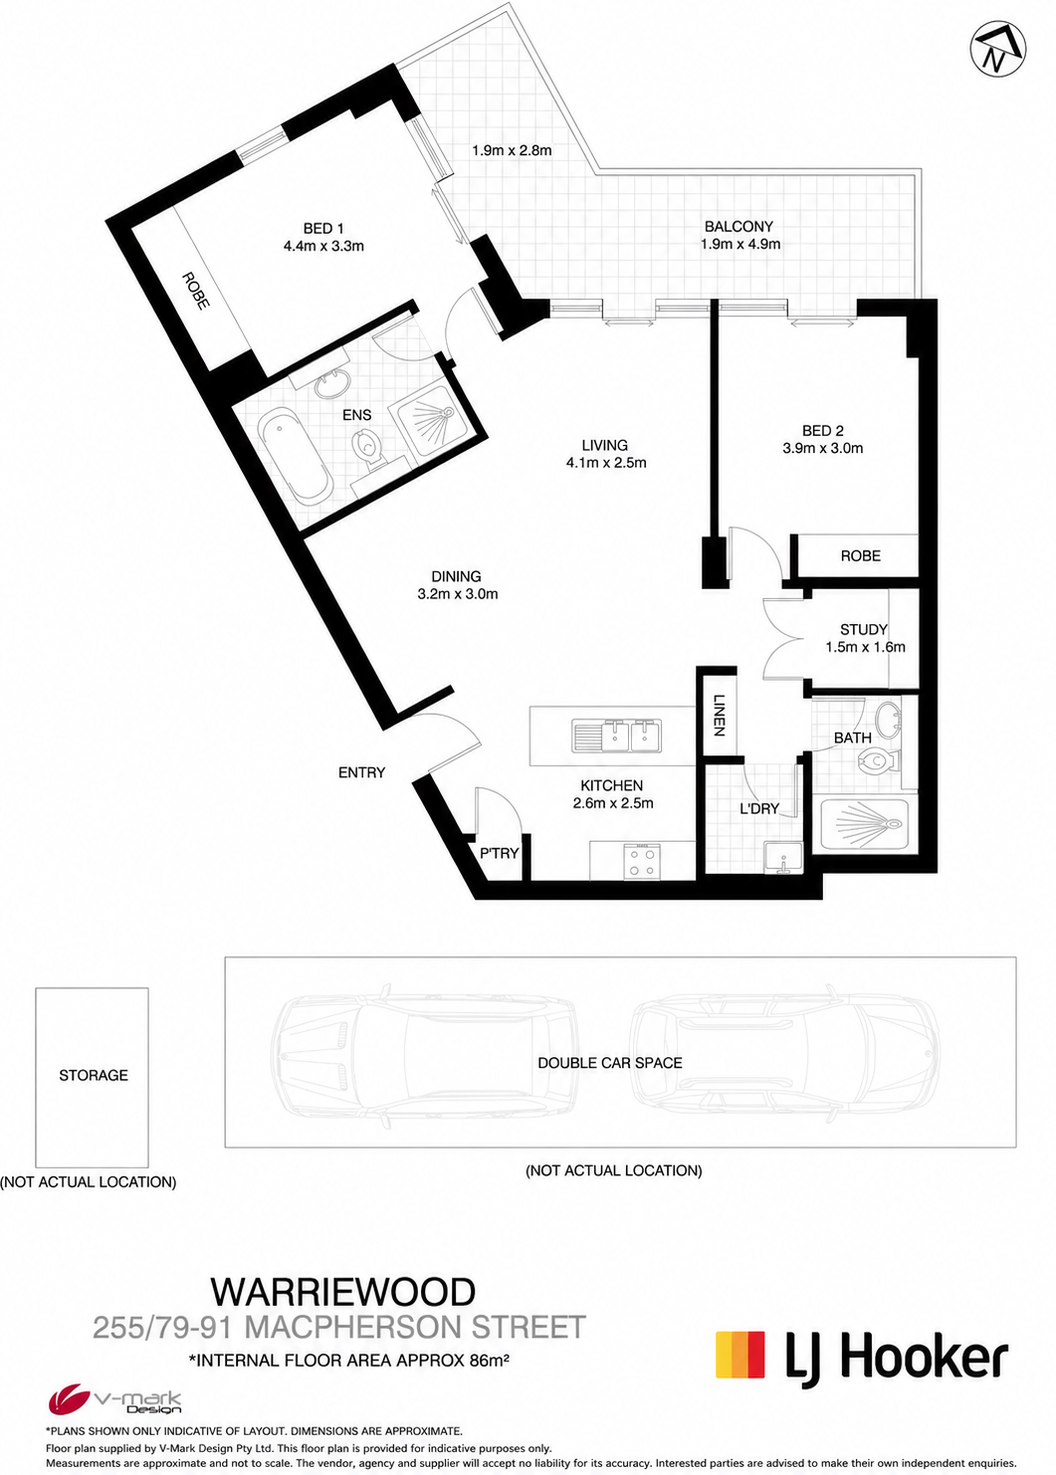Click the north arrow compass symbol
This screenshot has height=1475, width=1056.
pyautogui.click(x=998, y=48)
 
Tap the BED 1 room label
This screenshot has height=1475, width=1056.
pyautogui.click(x=323, y=229)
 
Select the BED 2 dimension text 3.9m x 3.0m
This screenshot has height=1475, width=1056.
pyautogui.click(x=822, y=449)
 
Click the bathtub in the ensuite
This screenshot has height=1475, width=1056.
pyautogui.click(x=295, y=457)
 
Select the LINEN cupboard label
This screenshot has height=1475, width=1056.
pyautogui.click(x=719, y=716)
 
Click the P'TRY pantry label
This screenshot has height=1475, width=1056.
pyautogui.click(x=499, y=853)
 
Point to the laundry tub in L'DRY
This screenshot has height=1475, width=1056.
pyautogui.click(x=782, y=858)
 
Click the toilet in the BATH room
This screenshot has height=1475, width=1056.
pyautogui.click(x=879, y=761)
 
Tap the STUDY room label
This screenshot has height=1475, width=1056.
pyautogui.click(x=864, y=629)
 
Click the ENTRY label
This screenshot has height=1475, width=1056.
pyautogui.click(x=361, y=772)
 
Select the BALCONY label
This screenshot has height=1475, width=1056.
pyautogui.click(x=739, y=227)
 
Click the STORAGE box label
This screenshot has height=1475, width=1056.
pyautogui.click(x=94, y=1075)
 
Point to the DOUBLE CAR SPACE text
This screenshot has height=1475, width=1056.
pyautogui.click(x=610, y=1063)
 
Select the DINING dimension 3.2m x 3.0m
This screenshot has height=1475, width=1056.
pyautogui.click(x=458, y=594)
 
